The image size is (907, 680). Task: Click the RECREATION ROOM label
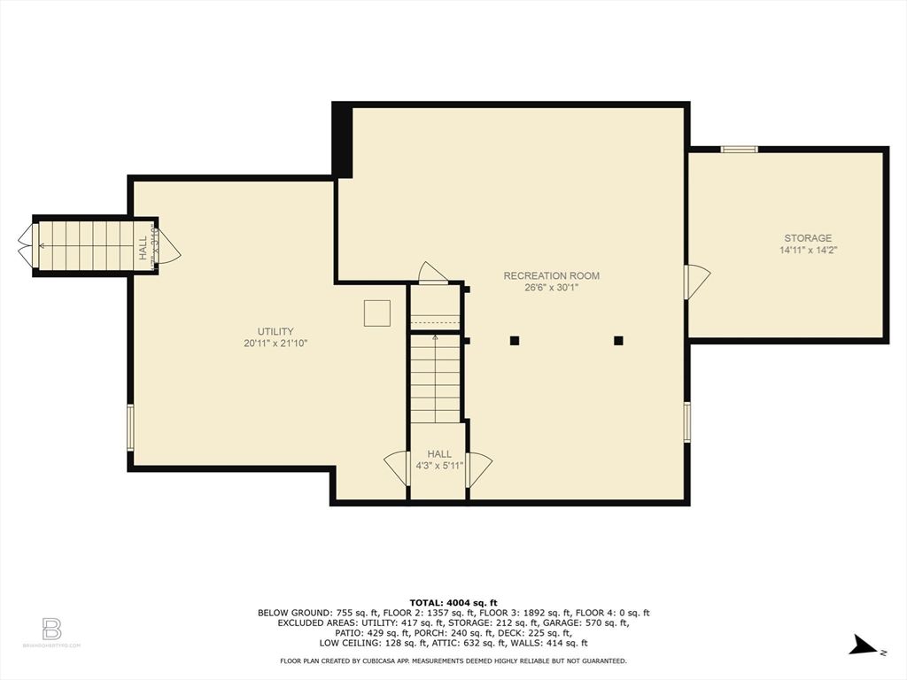coord(551,275)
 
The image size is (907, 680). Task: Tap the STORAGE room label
coord(807,238)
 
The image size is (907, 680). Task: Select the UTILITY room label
coord(275,331)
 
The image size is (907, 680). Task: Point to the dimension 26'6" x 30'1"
coord(551,288)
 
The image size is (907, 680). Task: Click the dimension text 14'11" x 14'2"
coord(807,251)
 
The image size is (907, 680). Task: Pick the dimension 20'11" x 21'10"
coord(275,344)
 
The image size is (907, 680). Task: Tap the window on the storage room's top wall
coord(739,149)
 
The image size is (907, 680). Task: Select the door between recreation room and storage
coord(696,282)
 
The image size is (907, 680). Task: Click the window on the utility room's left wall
coord(129,428)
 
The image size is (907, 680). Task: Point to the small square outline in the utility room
coord(376,313)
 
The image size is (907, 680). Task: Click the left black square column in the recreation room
coord(514,340)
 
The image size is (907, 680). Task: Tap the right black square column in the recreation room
coord(618,340)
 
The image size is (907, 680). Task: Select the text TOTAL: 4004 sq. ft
coord(453,602)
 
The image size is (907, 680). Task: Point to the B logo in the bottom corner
coord(51,630)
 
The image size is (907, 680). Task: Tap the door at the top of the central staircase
coord(433,274)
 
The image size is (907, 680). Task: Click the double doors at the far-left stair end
coord(26,245)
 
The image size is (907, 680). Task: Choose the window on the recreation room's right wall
coord(686,421)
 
